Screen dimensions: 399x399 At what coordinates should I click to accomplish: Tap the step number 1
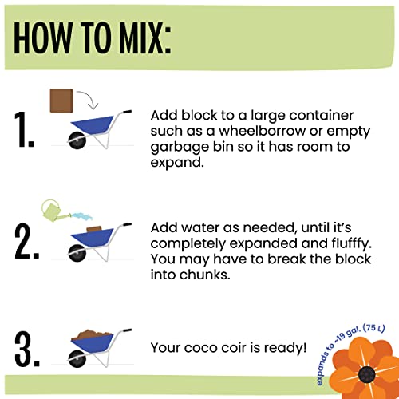24,129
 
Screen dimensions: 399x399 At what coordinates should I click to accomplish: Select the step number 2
27,242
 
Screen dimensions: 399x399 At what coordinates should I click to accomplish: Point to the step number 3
27,349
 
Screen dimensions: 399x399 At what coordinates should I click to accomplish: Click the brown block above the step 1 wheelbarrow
61,101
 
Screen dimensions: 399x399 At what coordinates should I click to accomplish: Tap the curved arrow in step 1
89,97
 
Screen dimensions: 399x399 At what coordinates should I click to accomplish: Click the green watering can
53,211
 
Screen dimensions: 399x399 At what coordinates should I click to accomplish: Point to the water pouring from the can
82,216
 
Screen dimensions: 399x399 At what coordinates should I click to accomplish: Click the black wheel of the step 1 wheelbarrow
77,140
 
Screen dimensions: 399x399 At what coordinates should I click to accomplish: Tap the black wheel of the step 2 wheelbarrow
77,253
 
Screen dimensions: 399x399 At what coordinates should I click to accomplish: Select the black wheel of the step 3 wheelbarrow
77,359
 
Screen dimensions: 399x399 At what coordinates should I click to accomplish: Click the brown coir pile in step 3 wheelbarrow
92,334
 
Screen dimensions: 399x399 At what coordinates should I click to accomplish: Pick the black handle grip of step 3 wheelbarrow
128,330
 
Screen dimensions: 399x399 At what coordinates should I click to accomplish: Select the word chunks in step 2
204,275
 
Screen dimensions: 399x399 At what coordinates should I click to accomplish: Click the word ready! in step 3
286,349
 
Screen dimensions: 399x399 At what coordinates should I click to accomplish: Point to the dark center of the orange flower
366,374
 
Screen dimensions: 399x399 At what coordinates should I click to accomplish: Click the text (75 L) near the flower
374,328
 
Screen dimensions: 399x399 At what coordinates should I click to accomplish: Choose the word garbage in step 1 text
180,148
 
